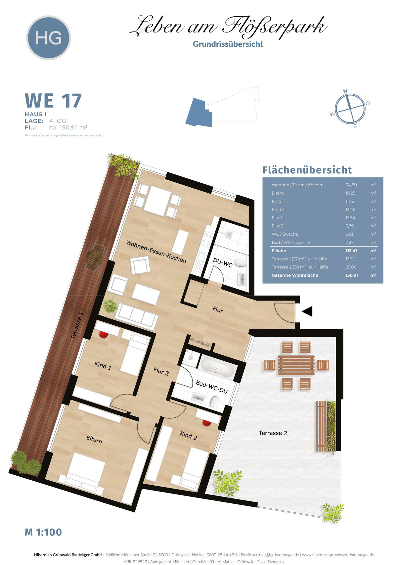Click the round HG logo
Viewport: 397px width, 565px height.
point(48,38)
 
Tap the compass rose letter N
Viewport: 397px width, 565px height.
point(345,91)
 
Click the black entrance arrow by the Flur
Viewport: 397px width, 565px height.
point(307,311)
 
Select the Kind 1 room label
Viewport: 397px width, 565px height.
point(103,365)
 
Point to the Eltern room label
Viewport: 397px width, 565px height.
point(94,440)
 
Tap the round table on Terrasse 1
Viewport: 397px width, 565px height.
point(94,258)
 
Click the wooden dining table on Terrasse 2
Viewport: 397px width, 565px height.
point(296,365)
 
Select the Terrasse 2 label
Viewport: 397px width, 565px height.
point(273,433)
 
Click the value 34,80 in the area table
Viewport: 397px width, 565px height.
point(351,185)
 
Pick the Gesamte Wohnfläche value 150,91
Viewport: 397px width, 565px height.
point(352,275)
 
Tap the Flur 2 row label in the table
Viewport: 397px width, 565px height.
point(277,226)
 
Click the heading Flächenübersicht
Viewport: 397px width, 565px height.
point(307,170)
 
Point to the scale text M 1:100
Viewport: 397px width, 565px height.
point(43,532)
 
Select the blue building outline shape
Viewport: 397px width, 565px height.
point(199,112)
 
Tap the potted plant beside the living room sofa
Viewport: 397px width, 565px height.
point(110,306)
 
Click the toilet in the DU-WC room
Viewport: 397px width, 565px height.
point(241,262)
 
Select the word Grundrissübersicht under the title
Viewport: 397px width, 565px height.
point(228,44)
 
